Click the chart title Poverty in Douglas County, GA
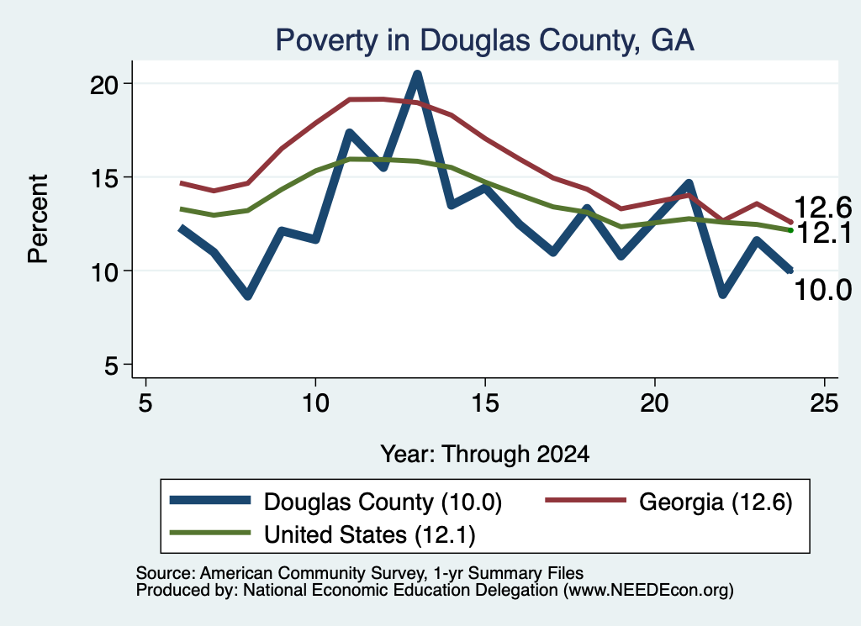[485, 40]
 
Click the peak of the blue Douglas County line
[417, 74]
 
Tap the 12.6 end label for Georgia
[822, 208]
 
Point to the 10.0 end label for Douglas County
[822, 290]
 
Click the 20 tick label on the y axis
[104, 85]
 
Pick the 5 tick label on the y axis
[112, 366]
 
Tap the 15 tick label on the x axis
[485, 404]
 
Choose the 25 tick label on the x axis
[824, 404]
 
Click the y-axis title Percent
[39, 219]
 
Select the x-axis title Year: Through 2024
[485, 455]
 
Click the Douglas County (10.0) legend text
[383, 502]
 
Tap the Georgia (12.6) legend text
[716, 502]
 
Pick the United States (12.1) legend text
[370, 534]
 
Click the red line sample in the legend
[585, 500]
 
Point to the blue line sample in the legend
[210, 500]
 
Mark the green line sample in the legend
[210, 532]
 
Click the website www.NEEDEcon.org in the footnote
[648, 591]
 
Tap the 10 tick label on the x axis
[315, 404]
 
